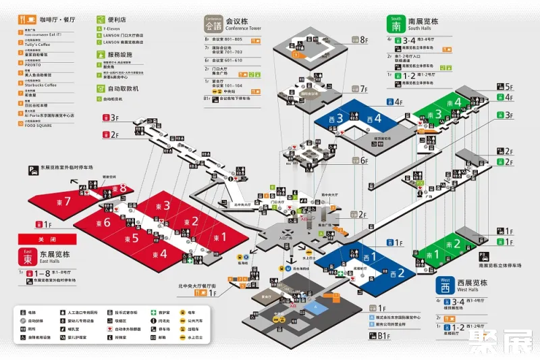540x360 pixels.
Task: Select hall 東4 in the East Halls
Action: tap(160, 254)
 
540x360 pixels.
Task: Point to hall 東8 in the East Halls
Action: tap(122, 188)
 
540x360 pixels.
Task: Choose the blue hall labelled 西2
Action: tap(400, 273)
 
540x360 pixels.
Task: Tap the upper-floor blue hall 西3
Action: tap(340, 118)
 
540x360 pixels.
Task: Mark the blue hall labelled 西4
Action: tap(376, 120)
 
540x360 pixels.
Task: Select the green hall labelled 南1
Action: tap(433, 255)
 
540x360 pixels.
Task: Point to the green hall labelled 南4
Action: tap(457, 103)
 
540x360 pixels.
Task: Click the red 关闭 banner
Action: tap(47, 239)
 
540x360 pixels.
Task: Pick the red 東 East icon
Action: tap(28, 256)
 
